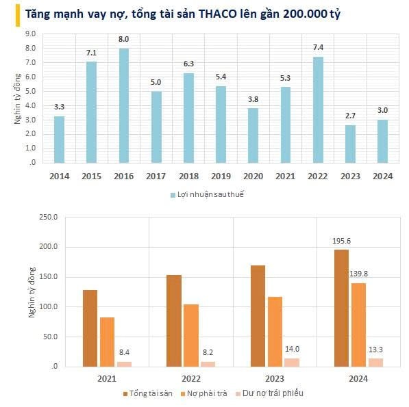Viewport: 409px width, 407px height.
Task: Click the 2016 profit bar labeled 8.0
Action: (x=123, y=105)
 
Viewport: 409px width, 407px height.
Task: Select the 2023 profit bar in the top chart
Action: (x=350, y=144)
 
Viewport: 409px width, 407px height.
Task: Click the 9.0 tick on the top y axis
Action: (x=31, y=34)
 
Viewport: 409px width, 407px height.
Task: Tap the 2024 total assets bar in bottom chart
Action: (x=341, y=308)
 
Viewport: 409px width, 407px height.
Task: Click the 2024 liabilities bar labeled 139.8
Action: (x=358, y=324)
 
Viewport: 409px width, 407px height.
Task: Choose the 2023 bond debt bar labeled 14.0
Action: (x=292, y=362)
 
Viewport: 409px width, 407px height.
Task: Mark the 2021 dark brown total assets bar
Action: (x=90, y=328)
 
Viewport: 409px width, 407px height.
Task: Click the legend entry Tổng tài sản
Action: (x=148, y=393)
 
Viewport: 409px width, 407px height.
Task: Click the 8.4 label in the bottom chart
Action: (x=125, y=352)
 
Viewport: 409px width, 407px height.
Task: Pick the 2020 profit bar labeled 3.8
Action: (x=253, y=135)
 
